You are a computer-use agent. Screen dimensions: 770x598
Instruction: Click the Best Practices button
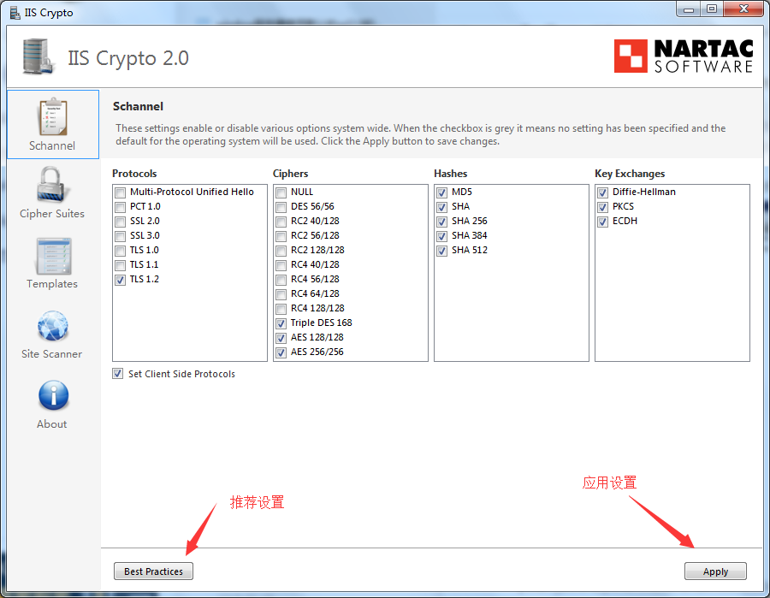click(153, 571)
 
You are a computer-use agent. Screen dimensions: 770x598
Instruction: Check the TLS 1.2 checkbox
click(120, 280)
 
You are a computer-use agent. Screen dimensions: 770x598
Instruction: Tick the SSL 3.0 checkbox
click(120, 236)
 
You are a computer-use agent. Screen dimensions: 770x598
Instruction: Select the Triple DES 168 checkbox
click(281, 323)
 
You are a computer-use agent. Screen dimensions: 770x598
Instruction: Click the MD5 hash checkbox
click(442, 192)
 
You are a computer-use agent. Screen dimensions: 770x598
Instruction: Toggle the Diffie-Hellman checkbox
click(602, 192)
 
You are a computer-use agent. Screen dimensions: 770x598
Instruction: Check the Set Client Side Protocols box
click(117, 374)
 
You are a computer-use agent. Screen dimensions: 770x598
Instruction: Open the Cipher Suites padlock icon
click(51, 185)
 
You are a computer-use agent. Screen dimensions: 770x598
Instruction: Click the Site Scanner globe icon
click(52, 326)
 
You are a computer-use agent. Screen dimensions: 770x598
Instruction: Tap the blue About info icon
click(54, 395)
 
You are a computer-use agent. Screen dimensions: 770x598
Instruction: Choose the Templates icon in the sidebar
click(53, 257)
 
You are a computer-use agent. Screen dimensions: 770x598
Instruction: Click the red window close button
click(743, 9)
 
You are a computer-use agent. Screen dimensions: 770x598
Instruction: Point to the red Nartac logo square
click(631, 56)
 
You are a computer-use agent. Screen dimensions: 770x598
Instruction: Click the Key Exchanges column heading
click(630, 174)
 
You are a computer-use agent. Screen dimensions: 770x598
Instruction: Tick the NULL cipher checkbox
click(281, 192)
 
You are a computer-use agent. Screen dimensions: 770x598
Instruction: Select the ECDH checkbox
click(602, 222)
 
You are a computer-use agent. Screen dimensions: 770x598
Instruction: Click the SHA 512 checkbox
click(442, 251)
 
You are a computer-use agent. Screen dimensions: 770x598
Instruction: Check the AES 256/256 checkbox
click(281, 352)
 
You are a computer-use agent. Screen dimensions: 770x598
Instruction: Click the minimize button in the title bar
click(689, 9)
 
